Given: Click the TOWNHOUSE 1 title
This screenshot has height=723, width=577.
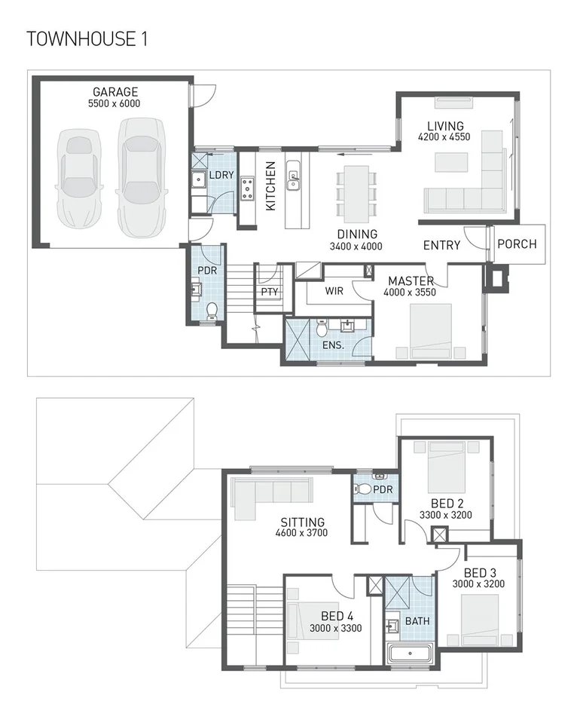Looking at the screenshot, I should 87,39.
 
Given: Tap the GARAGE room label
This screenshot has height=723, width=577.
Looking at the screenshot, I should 114,92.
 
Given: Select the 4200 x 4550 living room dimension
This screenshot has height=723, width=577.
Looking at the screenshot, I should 445,137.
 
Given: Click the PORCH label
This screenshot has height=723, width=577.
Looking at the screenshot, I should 517,244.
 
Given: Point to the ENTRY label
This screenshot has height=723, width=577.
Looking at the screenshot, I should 441,245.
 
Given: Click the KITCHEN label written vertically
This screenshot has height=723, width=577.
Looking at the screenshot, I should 270,185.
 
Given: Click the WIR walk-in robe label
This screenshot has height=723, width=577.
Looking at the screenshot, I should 335,290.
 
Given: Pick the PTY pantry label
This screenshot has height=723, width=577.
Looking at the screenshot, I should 269,292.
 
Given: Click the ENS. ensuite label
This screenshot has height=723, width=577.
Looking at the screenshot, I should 334,345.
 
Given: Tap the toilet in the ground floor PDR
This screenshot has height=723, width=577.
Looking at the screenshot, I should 212,310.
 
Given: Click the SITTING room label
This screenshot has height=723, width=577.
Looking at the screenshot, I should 302,522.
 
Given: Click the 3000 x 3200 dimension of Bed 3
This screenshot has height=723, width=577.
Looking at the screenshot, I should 478,584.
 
